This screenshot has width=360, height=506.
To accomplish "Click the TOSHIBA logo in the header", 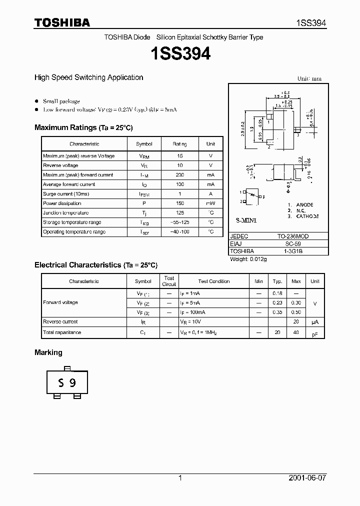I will [62, 22].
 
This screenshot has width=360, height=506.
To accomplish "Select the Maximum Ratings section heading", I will [83, 127].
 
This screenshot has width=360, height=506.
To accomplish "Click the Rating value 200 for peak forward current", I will [179, 175].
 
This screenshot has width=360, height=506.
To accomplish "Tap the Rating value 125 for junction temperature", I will [179, 213].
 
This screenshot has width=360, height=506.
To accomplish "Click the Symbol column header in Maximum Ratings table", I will [143, 144].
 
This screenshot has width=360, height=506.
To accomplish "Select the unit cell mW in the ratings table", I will [210, 203].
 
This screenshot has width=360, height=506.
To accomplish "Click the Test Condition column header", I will [213, 281].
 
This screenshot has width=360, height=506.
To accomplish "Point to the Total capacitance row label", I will [62, 332].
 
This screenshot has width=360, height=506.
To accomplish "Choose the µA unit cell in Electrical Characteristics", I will [314, 322].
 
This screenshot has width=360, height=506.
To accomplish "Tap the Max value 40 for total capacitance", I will [296, 332].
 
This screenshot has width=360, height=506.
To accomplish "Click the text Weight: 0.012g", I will [248, 259].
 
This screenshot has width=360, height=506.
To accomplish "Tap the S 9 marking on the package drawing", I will [66, 383].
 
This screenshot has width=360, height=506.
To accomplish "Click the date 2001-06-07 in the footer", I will [307, 478].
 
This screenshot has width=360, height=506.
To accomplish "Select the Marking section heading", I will [48, 352].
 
